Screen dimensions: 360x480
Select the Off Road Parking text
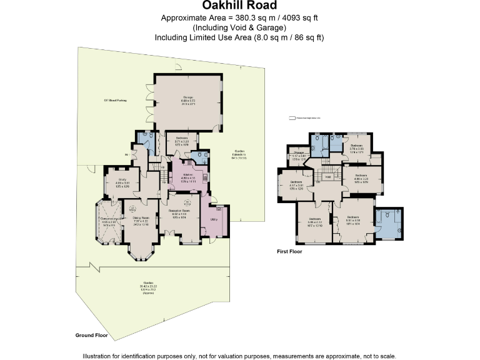[x=115, y=100]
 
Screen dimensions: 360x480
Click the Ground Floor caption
[x=91, y=336]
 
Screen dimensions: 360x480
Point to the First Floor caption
[x=289, y=251]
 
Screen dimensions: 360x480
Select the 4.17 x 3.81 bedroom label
[x=296, y=182]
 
